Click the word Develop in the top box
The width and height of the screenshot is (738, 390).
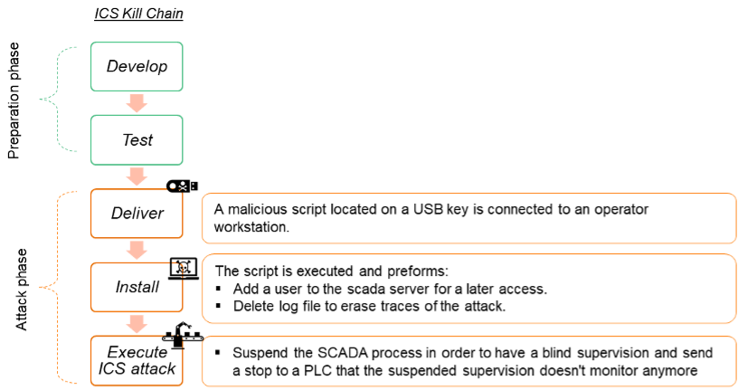[137, 67]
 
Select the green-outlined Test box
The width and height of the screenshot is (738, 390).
[137, 139]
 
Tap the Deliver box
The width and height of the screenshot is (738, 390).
[137, 214]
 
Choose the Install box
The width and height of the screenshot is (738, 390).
[137, 287]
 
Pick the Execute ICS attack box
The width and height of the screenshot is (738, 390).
[137, 360]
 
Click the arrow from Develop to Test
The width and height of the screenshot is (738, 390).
[137, 102]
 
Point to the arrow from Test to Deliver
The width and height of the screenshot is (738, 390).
[137, 176]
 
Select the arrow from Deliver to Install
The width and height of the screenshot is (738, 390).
[137, 250]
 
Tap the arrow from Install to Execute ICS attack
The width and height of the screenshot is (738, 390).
[137, 323]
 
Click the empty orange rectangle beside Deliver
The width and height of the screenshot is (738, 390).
[468, 219]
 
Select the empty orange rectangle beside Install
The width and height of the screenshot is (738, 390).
[468, 289]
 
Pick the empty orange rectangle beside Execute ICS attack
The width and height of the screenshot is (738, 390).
[468, 361]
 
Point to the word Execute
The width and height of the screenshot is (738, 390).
[137, 352]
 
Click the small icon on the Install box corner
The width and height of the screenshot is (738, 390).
[177, 270]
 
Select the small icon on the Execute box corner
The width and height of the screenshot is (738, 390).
[177, 340]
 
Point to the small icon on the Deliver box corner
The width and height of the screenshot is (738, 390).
[175, 191]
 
